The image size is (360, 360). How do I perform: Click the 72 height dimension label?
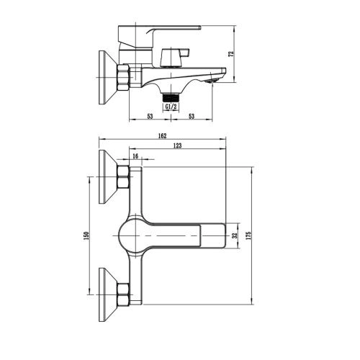click(232, 54)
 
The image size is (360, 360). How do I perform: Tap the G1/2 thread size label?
click(171, 107)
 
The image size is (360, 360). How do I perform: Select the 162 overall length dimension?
click(162, 136)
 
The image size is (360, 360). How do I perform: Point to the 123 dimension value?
click(177, 145)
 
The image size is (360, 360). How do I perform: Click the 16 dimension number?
click(135, 156)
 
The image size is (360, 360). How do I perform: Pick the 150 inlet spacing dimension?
click(86, 235)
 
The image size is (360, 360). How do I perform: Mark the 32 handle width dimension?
click(235, 235)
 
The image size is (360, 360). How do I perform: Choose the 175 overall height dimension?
click(248, 235)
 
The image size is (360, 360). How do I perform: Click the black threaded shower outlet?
click(171, 99)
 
